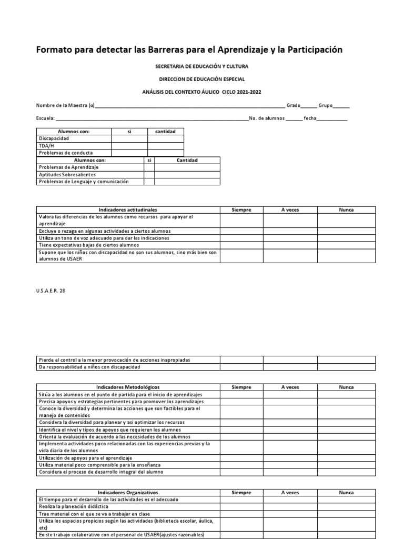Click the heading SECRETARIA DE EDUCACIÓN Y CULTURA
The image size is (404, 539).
pyautogui.click(x=201, y=67)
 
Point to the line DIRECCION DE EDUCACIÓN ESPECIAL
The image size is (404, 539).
pyautogui.click(x=201, y=79)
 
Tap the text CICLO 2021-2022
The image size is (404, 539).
pyautogui.click(x=241, y=92)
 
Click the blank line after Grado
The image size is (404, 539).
pyautogui.click(x=309, y=106)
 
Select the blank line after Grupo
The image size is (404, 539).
pyautogui.click(x=341, y=106)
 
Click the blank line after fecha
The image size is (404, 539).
pyautogui.click(x=332, y=118)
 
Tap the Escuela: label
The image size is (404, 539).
pyautogui.click(x=45, y=118)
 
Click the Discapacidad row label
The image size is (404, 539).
pyautogui.click(x=54, y=138)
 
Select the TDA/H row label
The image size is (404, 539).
pyautogui.click(x=46, y=146)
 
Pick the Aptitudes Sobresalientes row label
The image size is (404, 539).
pyautogui.click(x=67, y=174)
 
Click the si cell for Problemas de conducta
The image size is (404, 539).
pyautogui.click(x=129, y=153)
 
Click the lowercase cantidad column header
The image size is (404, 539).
pyautogui.click(x=165, y=132)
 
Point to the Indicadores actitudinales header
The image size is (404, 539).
pyautogui.click(x=128, y=209)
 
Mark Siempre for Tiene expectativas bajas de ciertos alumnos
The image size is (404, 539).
pyautogui.click(x=241, y=245)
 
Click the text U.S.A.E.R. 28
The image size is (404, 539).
pyautogui.click(x=52, y=290)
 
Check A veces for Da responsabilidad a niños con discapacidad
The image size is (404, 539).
pyautogui.click(x=290, y=367)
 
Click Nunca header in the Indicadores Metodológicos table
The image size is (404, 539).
pyautogui.click(x=346, y=387)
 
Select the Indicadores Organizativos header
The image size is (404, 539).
pyautogui.click(x=128, y=493)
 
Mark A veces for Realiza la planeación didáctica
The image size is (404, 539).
pyautogui.click(x=290, y=506)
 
